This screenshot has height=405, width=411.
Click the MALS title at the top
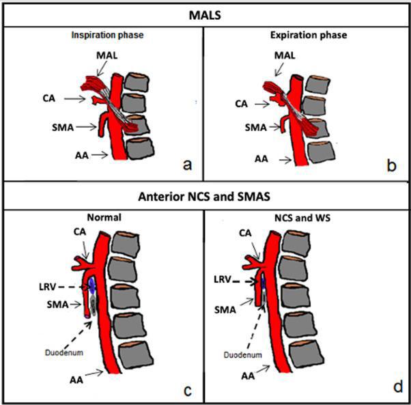click(205, 15)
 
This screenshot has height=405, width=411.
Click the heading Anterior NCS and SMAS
click(204, 197)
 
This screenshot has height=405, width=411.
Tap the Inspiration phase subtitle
click(107, 35)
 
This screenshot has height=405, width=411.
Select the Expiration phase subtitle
click(309, 35)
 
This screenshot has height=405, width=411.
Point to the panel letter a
click(187, 165)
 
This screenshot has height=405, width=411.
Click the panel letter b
click(392, 165)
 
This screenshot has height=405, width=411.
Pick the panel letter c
click(188, 391)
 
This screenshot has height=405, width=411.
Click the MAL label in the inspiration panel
click(107, 55)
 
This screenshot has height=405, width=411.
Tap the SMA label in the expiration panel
click(255, 128)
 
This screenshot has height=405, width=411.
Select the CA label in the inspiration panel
click(49, 98)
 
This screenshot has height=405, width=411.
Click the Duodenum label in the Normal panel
click(64, 352)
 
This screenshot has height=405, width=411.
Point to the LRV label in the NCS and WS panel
click(223, 279)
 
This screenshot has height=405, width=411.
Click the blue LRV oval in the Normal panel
click(91, 285)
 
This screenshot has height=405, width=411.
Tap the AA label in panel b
click(261, 159)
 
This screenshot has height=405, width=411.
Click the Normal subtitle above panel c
click(104, 217)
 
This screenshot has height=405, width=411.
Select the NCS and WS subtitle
click(302, 218)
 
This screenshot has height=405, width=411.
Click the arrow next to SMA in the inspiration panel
click(87, 127)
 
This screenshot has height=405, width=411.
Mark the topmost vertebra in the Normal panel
click(126, 244)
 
